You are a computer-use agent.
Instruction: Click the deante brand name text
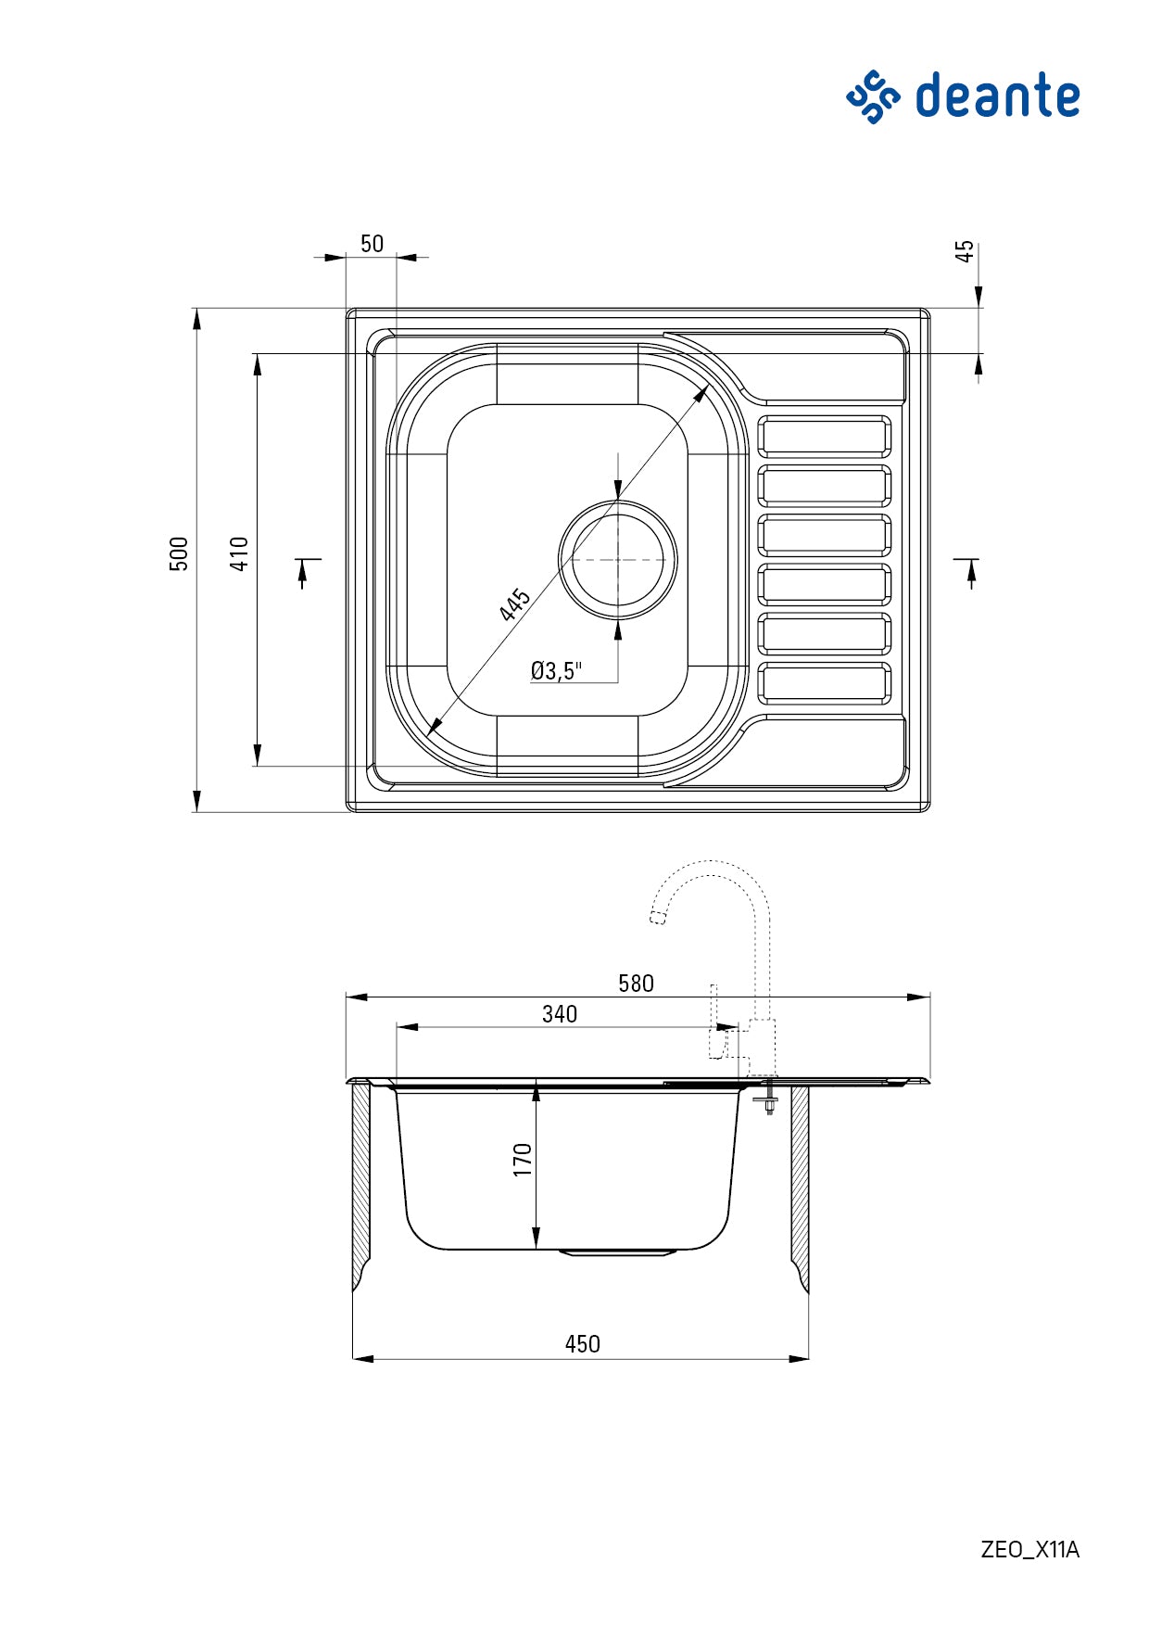(997, 96)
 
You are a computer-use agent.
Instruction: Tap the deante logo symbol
(872, 96)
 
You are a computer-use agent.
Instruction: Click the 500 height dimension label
(179, 553)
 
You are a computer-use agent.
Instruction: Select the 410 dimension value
(239, 553)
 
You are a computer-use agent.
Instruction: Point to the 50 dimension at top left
(372, 244)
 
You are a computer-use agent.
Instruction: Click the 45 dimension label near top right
(965, 252)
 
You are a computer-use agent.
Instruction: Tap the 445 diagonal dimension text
(514, 604)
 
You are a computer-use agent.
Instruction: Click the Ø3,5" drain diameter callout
(556, 671)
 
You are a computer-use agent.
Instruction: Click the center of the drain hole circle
(618, 559)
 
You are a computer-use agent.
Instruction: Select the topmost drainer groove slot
(824, 436)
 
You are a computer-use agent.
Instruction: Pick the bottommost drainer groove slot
(824, 683)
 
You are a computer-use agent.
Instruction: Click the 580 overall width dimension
(636, 984)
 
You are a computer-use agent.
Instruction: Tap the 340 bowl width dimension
(560, 1014)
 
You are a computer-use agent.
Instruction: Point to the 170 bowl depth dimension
(523, 1160)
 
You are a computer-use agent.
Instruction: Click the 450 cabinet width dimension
(582, 1344)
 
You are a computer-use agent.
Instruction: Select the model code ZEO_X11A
(1029, 1549)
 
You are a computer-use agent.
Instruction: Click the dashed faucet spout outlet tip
(658, 917)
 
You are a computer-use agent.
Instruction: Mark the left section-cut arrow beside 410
(304, 572)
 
